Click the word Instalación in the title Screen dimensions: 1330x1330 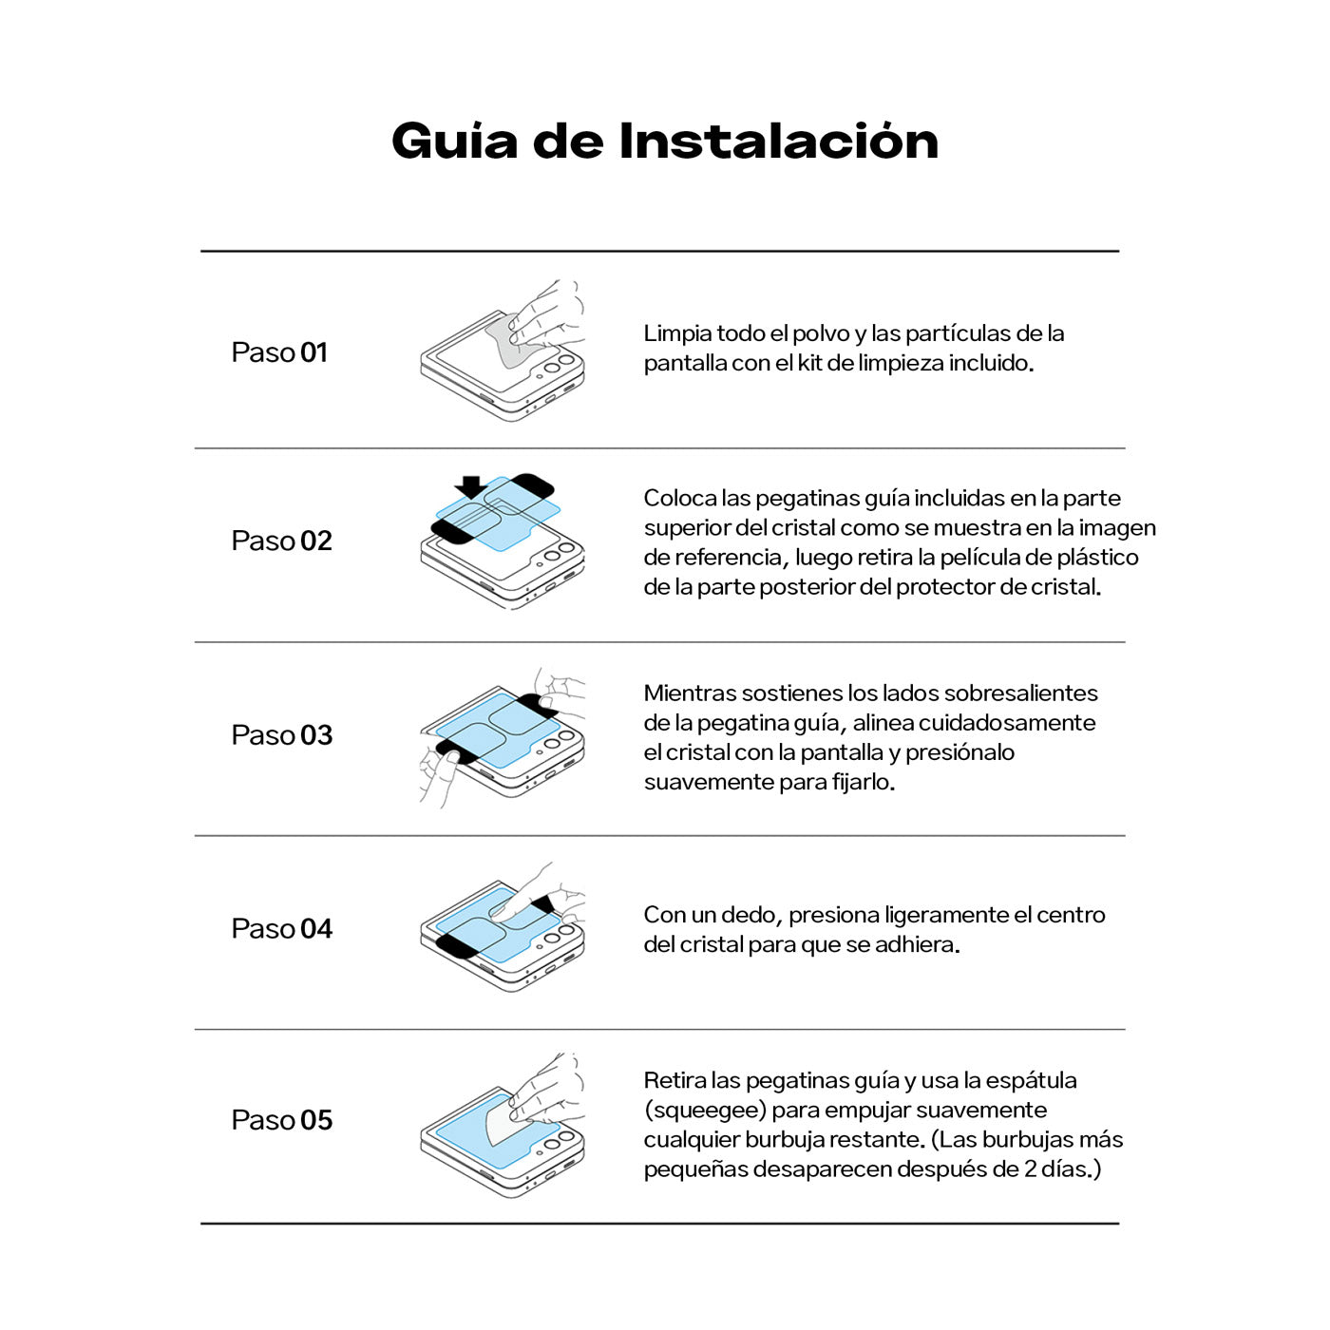(x=778, y=142)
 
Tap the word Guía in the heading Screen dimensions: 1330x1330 (x=454, y=142)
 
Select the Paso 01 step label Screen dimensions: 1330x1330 (x=279, y=352)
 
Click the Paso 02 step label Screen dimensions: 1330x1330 (x=281, y=541)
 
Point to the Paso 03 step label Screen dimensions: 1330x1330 (x=281, y=735)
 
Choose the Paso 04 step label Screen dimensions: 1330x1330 (x=281, y=929)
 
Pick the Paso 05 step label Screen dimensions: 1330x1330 (x=281, y=1120)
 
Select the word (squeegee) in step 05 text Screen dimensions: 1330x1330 (x=704, y=1110)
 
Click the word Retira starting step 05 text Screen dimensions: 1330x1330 (x=674, y=1080)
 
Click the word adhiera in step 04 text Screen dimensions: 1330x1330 (x=920, y=944)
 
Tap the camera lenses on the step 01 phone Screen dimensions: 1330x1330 (x=559, y=364)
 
